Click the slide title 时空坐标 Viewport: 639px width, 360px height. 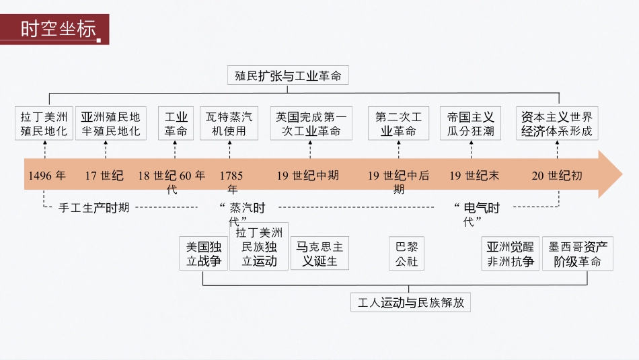57,30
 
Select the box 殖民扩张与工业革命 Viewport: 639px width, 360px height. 288,75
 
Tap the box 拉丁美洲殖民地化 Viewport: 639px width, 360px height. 44,123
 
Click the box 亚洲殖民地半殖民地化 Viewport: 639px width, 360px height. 111,123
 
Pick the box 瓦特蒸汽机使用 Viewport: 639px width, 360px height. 229,123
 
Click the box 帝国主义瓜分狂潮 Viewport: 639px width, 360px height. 471,123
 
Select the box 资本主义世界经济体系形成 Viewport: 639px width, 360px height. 558,123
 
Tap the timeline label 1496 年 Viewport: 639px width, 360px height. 47,176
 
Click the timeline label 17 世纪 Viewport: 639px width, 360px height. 104,176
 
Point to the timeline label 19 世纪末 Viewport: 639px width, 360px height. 475,176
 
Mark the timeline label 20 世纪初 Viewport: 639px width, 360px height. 557,176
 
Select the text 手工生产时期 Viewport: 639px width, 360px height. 94,208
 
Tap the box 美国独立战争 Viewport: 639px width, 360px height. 204,254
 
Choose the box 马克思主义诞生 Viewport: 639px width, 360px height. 319,254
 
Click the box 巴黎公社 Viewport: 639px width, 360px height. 407,254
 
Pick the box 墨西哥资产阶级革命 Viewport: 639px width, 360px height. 577,254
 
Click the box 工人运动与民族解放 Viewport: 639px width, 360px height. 410,303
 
